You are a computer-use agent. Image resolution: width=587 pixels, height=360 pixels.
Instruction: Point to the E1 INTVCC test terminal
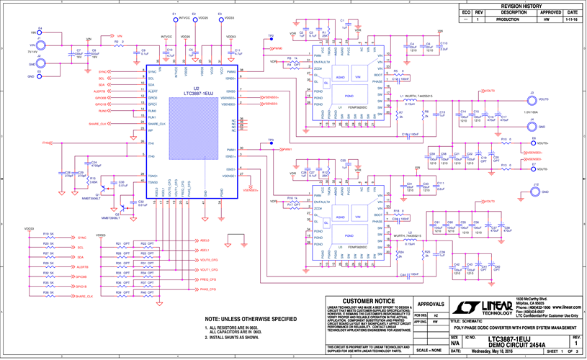[174, 17]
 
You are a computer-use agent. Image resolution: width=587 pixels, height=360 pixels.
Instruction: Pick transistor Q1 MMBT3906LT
[107, 189]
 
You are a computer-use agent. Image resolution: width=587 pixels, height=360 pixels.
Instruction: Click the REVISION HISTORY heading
[524, 6]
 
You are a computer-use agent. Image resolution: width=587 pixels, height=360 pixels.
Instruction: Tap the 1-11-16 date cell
[571, 19]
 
